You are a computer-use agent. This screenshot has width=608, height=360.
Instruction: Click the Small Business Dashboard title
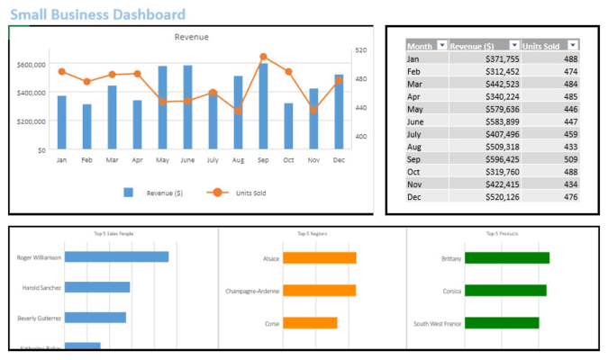point(99,14)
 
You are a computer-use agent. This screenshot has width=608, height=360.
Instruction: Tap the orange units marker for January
point(61,72)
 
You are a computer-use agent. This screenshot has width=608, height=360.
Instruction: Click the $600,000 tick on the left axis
point(32,65)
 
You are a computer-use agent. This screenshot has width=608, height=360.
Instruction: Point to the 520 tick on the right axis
point(360,50)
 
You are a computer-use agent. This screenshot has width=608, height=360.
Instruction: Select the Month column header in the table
point(420,46)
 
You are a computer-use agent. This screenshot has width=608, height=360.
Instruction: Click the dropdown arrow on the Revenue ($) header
point(514,46)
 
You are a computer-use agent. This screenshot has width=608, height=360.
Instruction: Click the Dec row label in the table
point(414,197)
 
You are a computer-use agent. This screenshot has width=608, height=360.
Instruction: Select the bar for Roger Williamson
point(116,257)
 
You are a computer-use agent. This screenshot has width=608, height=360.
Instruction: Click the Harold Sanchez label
point(41,288)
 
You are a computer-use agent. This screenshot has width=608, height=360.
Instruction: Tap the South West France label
point(438,323)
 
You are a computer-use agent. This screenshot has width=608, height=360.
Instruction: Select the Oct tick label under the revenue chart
point(288,160)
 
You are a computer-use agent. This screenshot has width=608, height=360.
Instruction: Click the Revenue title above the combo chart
point(191,37)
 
